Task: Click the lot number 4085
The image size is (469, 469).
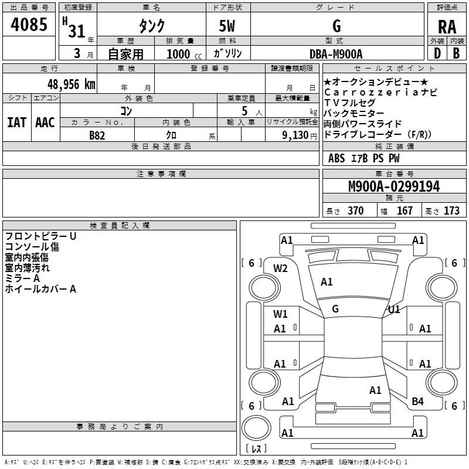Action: click(29, 24)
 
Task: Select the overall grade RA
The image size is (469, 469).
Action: click(447, 27)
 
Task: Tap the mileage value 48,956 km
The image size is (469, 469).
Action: click(71, 84)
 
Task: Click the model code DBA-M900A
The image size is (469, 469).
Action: click(336, 54)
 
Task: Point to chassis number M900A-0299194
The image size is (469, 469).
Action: click(394, 186)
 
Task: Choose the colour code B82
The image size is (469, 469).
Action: click(97, 135)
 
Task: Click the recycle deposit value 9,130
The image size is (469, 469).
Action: click(295, 135)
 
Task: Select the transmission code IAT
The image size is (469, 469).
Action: click(17, 123)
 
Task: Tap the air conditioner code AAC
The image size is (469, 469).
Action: click(45, 123)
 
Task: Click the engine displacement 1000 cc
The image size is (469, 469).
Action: click(184, 54)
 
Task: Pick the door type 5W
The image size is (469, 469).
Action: click(227, 26)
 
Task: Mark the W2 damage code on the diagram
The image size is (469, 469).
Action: click(280, 269)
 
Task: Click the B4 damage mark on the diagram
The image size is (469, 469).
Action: click(417, 402)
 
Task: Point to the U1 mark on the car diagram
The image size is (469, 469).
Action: click(394, 310)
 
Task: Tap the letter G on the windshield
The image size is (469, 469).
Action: click(335, 309)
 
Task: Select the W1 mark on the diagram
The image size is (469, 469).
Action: click(280, 314)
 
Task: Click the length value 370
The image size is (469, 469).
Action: click(356, 211)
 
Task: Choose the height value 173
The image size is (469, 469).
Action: click(451, 211)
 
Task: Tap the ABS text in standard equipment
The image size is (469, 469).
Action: click(337, 158)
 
